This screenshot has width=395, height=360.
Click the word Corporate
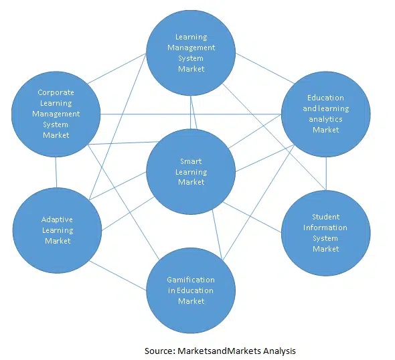(x=56, y=92)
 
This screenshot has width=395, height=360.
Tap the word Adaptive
(x=57, y=219)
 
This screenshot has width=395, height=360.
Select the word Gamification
(x=191, y=280)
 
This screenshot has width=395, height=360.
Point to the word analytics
(x=325, y=119)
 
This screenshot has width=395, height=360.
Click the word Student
(x=326, y=217)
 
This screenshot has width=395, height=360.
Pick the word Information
(x=325, y=228)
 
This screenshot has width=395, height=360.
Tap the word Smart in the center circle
(x=191, y=161)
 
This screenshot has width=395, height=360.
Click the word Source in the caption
(x=159, y=351)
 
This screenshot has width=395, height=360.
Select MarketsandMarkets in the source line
(x=219, y=351)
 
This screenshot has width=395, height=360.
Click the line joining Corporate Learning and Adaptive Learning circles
(x=56, y=172)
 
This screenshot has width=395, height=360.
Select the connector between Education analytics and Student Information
(x=326, y=173)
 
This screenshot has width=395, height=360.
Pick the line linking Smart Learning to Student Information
(x=252, y=217)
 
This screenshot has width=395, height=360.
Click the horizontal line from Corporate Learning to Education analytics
(x=191, y=114)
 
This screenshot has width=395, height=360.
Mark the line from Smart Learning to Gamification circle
(x=217, y=234)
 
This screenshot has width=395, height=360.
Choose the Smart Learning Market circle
(x=191, y=172)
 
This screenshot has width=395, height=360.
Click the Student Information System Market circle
(x=326, y=233)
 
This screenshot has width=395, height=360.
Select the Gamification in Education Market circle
(x=191, y=290)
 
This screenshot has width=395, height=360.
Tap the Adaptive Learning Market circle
(x=57, y=230)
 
